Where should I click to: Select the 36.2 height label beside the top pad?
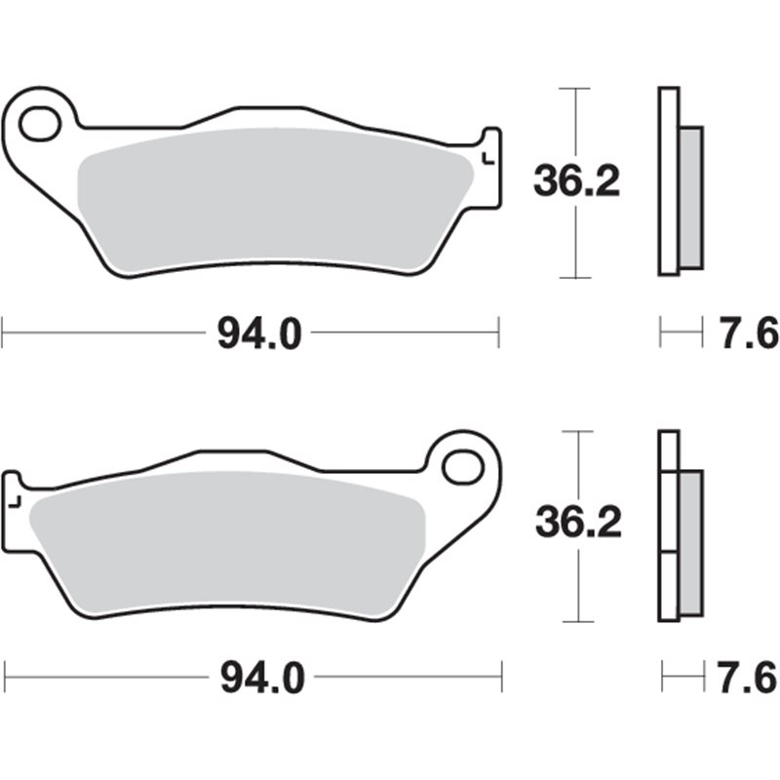click(x=576, y=182)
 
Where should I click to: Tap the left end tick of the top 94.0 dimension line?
click(x=3, y=332)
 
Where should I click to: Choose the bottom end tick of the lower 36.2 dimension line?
click(x=579, y=621)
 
